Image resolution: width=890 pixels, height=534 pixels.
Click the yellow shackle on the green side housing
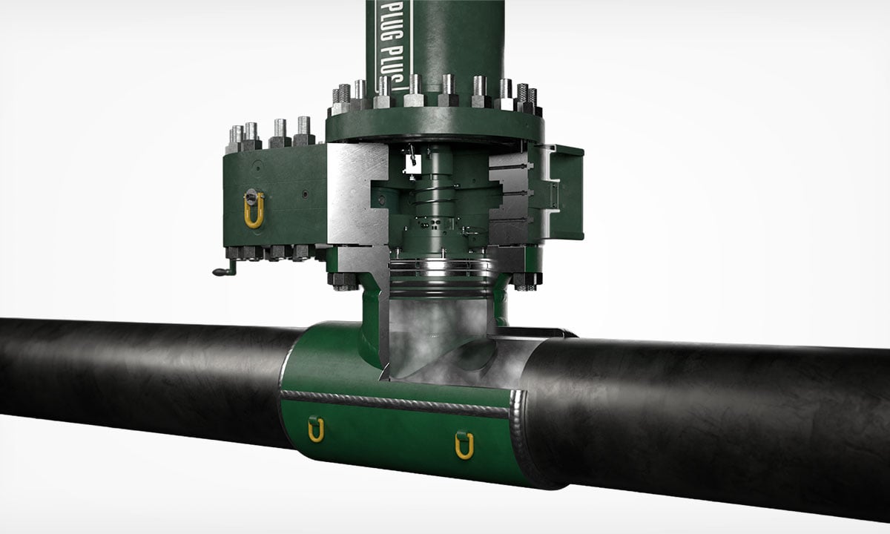click(254, 211)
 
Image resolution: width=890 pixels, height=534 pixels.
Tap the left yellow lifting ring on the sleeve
click(316, 429)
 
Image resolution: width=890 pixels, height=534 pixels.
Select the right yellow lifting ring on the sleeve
click(464, 444)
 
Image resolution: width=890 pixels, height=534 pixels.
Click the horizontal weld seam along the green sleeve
click(393, 403)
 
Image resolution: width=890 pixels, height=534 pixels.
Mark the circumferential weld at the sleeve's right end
click(519, 438)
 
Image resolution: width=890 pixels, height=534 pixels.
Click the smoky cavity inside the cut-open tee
click(438, 334)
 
